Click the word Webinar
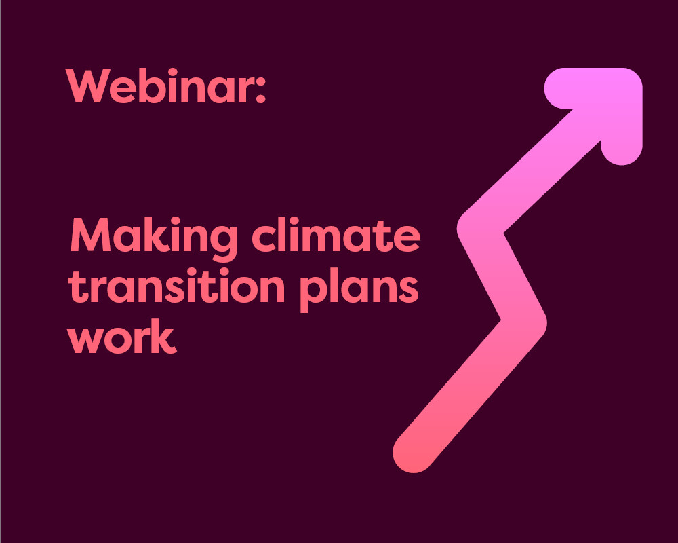(159, 86)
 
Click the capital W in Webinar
(88, 86)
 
